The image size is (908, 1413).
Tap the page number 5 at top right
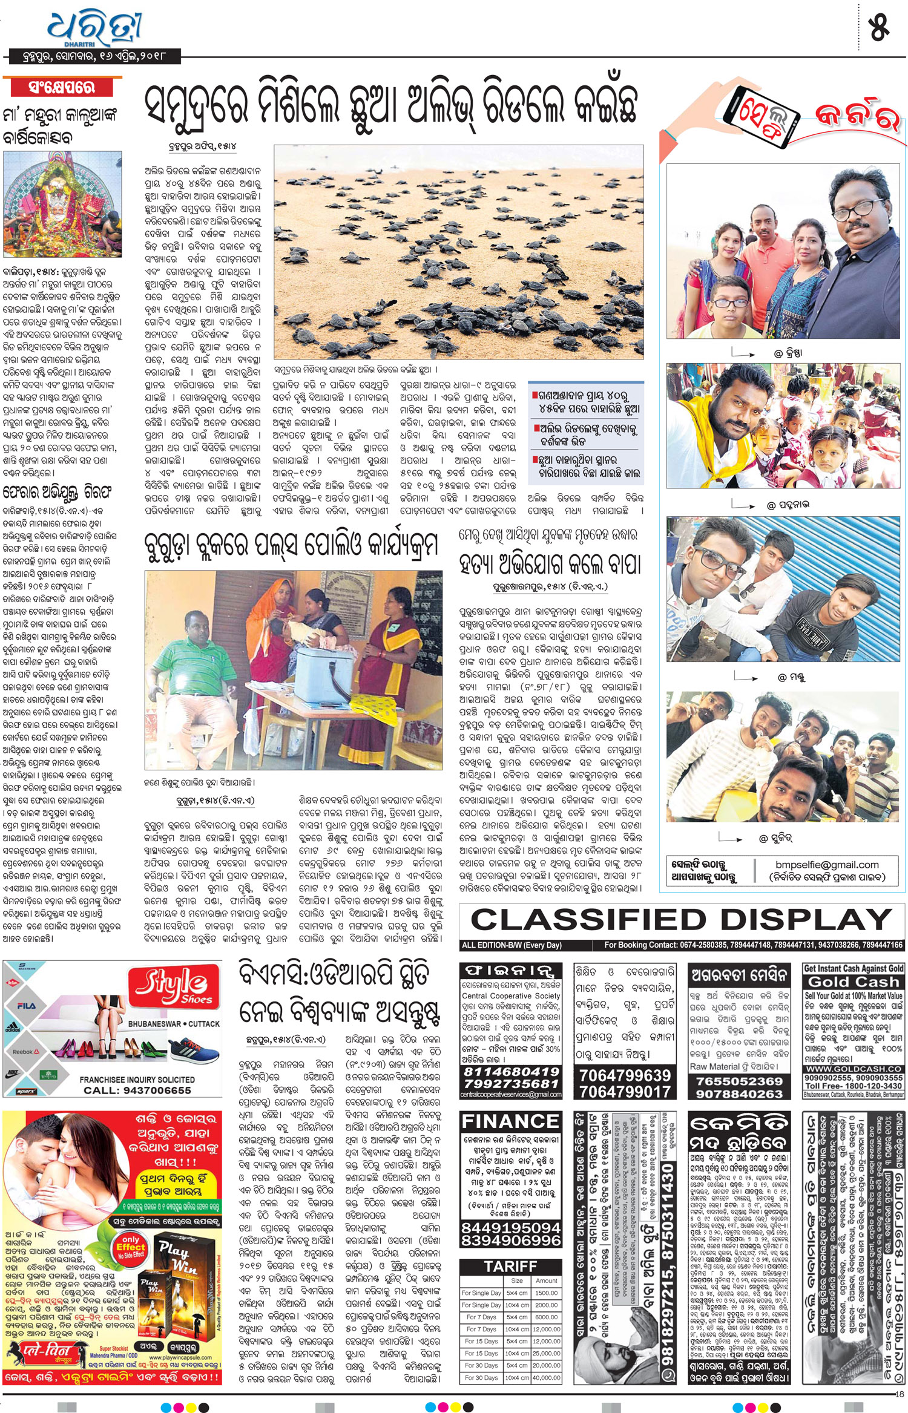pos(878,27)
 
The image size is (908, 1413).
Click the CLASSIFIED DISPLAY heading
pos(680,920)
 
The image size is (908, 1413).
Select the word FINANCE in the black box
pos(510,1121)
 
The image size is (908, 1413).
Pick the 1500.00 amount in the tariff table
pos(546,1293)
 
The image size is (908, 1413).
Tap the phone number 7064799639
pos(625,1075)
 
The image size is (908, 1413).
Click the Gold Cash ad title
pos(854,982)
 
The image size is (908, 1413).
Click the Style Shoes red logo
pos(175,986)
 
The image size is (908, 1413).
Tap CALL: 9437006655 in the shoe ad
pos(137,1090)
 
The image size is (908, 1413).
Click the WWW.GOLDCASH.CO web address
pos(854,1069)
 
